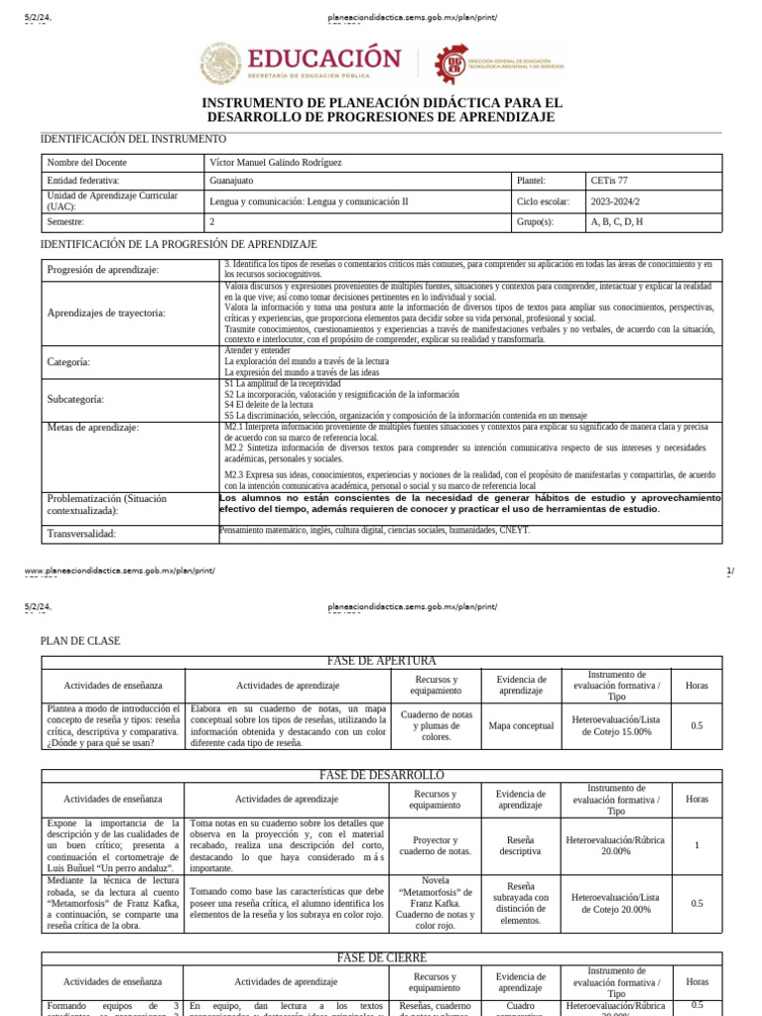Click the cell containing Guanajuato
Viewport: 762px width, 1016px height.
[232, 181]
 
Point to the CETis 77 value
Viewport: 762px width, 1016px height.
[609, 181]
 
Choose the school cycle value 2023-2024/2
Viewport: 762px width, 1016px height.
[615, 200]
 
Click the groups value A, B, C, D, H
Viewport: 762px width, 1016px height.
[616, 221]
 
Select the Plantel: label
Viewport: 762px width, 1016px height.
[531, 181]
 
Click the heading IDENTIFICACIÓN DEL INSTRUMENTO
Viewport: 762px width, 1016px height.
[133, 139]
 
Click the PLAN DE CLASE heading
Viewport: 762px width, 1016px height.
[80, 641]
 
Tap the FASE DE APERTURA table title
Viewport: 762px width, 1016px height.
[381, 661]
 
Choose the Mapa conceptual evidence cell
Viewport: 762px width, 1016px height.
[521, 726]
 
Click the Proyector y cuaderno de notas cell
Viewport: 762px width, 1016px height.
[436, 844]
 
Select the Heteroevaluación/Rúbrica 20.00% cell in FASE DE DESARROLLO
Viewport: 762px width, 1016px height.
[615, 844]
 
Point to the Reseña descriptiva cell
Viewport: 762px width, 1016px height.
[521, 844]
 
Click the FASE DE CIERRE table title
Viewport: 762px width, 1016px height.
[381, 957]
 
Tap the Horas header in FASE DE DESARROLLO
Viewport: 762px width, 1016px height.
[697, 799]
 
